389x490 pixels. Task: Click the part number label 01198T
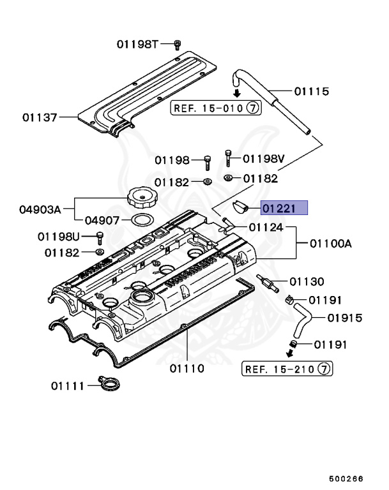(137, 44)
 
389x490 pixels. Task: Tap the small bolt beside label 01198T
(178, 44)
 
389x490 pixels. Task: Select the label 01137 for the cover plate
(40, 117)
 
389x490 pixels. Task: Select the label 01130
(307, 281)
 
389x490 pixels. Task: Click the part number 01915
(345, 318)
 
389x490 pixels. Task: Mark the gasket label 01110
(187, 368)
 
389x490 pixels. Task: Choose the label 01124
(266, 227)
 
